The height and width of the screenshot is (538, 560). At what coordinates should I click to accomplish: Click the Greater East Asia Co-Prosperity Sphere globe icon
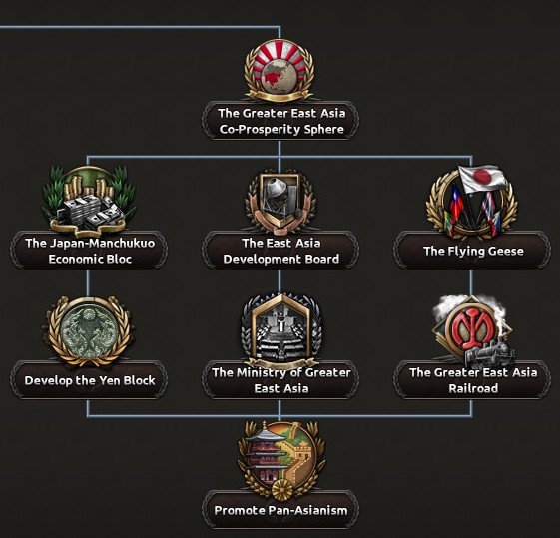(280, 70)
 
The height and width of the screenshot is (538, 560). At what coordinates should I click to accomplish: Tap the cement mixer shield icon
(280, 202)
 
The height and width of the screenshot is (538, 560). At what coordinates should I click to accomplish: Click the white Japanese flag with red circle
(482, 178)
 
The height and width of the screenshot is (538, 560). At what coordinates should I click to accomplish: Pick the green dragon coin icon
(89, 330)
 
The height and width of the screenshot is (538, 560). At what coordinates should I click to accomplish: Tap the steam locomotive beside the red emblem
(489, 354)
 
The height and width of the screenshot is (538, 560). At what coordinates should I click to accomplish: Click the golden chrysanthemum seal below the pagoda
(282, 490)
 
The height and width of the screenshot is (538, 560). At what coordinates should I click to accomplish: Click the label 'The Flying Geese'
(473, 251)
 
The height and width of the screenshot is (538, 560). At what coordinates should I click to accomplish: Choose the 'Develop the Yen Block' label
(90, 380)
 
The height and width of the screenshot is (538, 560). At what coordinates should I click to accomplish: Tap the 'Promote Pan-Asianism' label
(280, 510)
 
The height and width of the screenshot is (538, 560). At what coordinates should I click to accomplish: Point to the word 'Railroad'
(473, 388)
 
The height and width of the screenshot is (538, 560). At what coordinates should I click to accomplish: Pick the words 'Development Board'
(281, 259)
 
